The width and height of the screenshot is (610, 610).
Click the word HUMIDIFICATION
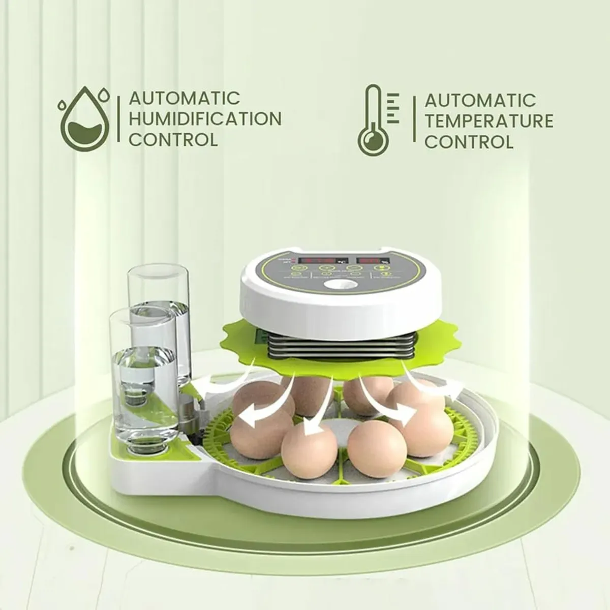pos(205,118)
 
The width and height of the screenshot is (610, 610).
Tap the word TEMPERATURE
pos(489,121)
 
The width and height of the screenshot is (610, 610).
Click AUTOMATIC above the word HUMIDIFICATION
pos(184,98)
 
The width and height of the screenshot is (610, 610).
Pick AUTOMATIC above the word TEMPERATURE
pos(480,100)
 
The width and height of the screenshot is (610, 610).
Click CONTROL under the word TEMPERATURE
pos(469,141)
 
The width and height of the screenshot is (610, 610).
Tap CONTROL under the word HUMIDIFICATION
pos(173,139)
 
